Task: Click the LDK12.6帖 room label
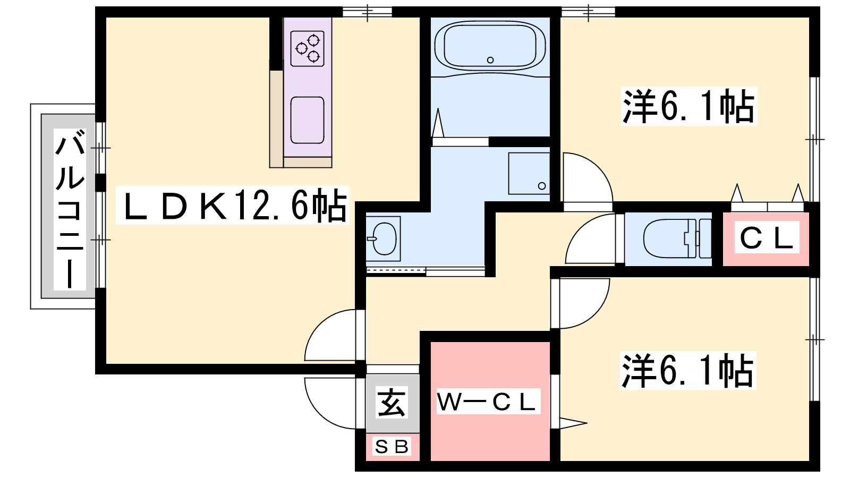(x=233, y=205)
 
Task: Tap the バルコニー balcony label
(x=70, y=209)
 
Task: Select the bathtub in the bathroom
(x=490, y=46)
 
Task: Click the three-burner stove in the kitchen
(x=308, y=48)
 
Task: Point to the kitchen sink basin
(x=308, y=120)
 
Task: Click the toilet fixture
(x=677, y=239)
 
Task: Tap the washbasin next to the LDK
(x=383, y=239)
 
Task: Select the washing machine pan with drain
(x=529, y=174)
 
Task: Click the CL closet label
(x=767, y=237)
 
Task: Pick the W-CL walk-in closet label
(x=488, y=401)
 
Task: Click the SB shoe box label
(x=392, y=447)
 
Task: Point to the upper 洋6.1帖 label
(x=688, y=106)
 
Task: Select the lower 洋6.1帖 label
(x=688, y=371)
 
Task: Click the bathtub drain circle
(x=490, y=60)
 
